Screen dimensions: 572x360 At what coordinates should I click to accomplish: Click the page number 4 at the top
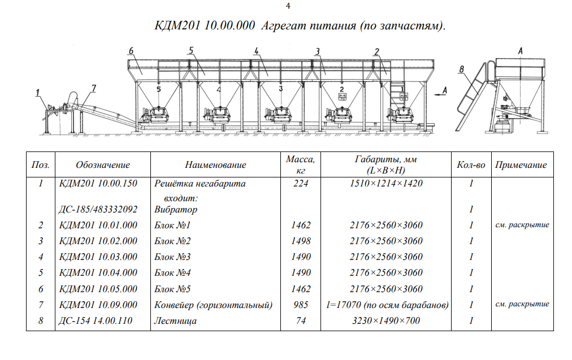(x=288, y=6)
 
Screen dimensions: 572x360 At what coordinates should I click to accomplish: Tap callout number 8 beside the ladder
(x=461, y=70)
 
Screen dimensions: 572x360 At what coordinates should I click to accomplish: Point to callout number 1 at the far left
(x=38, y=93)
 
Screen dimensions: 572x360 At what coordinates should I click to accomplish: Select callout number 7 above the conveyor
(x=94, y=89)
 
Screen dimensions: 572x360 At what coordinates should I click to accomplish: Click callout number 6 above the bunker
(x=131, y=51)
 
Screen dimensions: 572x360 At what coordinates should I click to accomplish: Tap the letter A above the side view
(x=520, y=51)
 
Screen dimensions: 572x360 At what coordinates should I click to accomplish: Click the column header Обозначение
(x=103, y=165)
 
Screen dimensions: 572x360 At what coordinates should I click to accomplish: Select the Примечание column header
(x=521, y=165)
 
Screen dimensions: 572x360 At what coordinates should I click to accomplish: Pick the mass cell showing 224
(x=301, y=184)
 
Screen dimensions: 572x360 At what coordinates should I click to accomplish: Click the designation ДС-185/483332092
(x=98, y=209)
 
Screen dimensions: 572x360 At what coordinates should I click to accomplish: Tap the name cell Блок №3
(x=172, y=257)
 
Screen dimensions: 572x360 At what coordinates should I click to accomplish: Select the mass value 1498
(x=301, y=241)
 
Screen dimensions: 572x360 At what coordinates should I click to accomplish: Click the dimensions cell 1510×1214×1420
(x=386, y=184)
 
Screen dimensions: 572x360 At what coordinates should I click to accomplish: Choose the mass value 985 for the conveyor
(x=301, y=305)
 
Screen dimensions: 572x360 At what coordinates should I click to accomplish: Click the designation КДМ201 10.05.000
(x=98, y=289)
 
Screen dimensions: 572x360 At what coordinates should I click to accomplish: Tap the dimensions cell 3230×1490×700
(x=386, y=321)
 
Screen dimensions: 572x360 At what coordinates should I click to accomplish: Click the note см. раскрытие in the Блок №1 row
(x=522, y=225)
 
